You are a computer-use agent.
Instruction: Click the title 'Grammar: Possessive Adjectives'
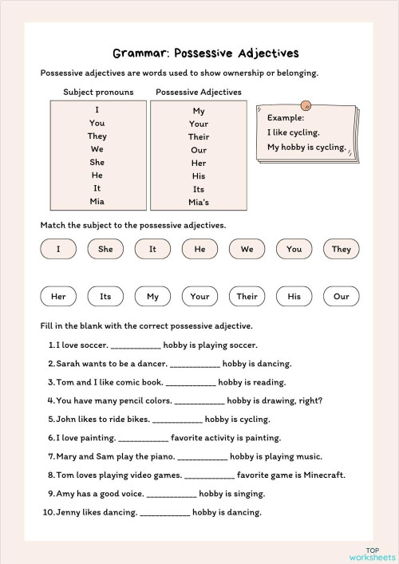(x=205, y=53)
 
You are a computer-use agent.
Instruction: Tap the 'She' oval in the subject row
(x=105, y=249)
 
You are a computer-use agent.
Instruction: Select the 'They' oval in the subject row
(x=341, y=249)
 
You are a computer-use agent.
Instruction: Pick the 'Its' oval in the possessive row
(x=105, y=296)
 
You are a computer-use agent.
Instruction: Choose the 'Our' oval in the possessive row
(x=341, y=296)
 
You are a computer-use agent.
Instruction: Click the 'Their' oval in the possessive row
(x=247, y=296)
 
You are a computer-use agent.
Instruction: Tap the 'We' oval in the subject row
(x=247, y=249)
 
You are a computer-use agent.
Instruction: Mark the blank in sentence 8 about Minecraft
(x=209, y=475)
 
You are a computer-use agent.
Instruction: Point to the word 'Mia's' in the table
(x=199, y=203)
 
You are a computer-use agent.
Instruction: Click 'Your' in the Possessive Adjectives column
(x=199, y=124)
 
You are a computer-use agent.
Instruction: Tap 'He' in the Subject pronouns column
(x=97, y=175)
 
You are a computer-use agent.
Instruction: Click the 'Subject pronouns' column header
(x=98, y=92)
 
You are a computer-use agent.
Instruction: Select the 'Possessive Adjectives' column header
(x=199, y=92)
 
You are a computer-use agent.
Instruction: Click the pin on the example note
(x=306, y=105)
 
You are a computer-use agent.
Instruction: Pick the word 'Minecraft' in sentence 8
(x=324, y=475)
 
